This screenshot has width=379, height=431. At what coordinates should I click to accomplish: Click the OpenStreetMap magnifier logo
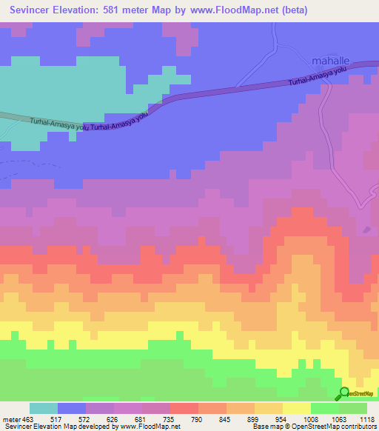[344, 393]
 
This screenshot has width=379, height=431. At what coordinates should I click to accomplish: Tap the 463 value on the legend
[29, 418]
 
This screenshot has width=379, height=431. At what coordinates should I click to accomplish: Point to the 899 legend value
[254, 418]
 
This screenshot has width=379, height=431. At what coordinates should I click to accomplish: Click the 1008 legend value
[310, 418]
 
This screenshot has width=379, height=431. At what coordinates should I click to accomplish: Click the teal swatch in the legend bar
[44, 408]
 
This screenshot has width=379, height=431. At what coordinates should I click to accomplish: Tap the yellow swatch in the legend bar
[296, 408]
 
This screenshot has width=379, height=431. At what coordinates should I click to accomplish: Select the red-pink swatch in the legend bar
[184, 408]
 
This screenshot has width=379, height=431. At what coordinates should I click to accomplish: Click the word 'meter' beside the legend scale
[11, 418]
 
